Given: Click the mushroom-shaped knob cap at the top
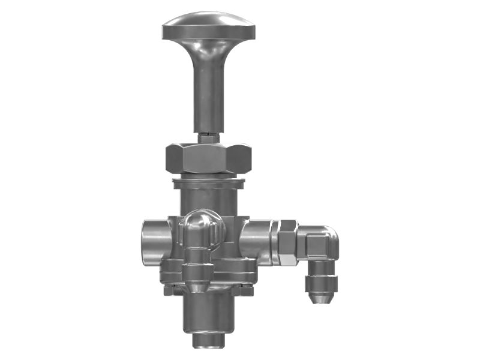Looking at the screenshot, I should pyautogui.click(x=208, y=27).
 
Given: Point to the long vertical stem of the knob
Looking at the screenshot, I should pyautogui.click(x=208, y=96).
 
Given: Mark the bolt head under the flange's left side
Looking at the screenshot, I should pyautogui.click(x=170, y=291).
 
